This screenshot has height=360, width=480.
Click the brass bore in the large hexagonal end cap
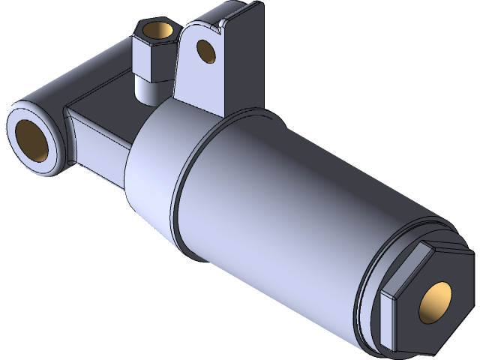coord(436,303)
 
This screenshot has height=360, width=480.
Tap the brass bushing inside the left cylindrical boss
coord(34,140)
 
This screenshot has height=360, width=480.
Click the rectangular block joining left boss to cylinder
coord(97,146)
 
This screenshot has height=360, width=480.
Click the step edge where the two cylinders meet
coord(178,180)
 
